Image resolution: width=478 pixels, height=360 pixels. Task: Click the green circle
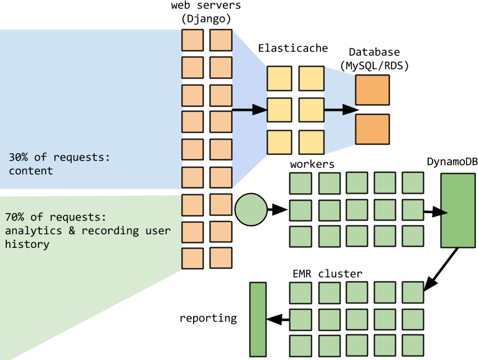click(x=251, y=209)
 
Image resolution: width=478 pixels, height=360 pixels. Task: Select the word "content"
click(x=31, y=171)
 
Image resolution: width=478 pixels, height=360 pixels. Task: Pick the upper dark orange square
click(x=372, y=90)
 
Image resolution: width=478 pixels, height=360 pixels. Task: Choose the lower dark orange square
click(x=372, y=129)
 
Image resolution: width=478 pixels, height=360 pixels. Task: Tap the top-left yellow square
click(x=279, y=78)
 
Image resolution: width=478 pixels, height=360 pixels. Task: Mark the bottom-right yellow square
click(x=311, y=142)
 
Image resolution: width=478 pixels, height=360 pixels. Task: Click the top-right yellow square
click(x=311, y=78)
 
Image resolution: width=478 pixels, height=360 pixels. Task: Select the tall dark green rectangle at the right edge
click(x=458, y=210)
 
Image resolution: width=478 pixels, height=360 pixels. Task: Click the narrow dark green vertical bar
click(x=258, y=319)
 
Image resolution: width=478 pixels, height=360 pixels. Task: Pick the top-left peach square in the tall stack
click(x=192, y=40)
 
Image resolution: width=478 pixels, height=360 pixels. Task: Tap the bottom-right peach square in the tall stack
click(x=221, y=258)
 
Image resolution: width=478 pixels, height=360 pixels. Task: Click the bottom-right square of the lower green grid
click(x=413, y=345)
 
